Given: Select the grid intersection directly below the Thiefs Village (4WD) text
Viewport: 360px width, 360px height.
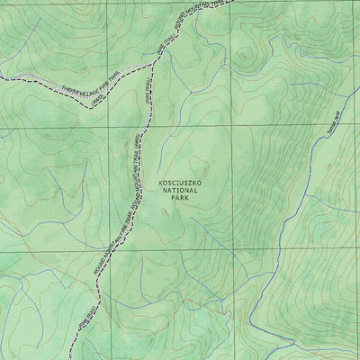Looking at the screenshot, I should pos(121,127).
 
